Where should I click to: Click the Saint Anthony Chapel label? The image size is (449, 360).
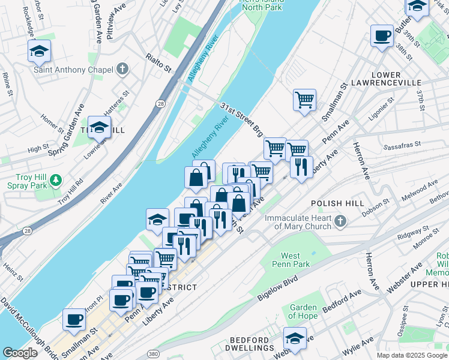(73, 70)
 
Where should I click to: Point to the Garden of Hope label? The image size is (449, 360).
(303, 312)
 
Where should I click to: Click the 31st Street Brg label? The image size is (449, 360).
(241, 118)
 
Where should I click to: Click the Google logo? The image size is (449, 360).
(20, 353)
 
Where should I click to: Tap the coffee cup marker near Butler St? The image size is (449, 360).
(382, 36)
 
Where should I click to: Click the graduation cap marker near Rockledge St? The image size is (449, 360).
(39, 51)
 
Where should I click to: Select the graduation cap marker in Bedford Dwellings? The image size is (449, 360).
(295, 338)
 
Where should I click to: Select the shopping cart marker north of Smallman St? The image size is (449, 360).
(305, 100)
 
